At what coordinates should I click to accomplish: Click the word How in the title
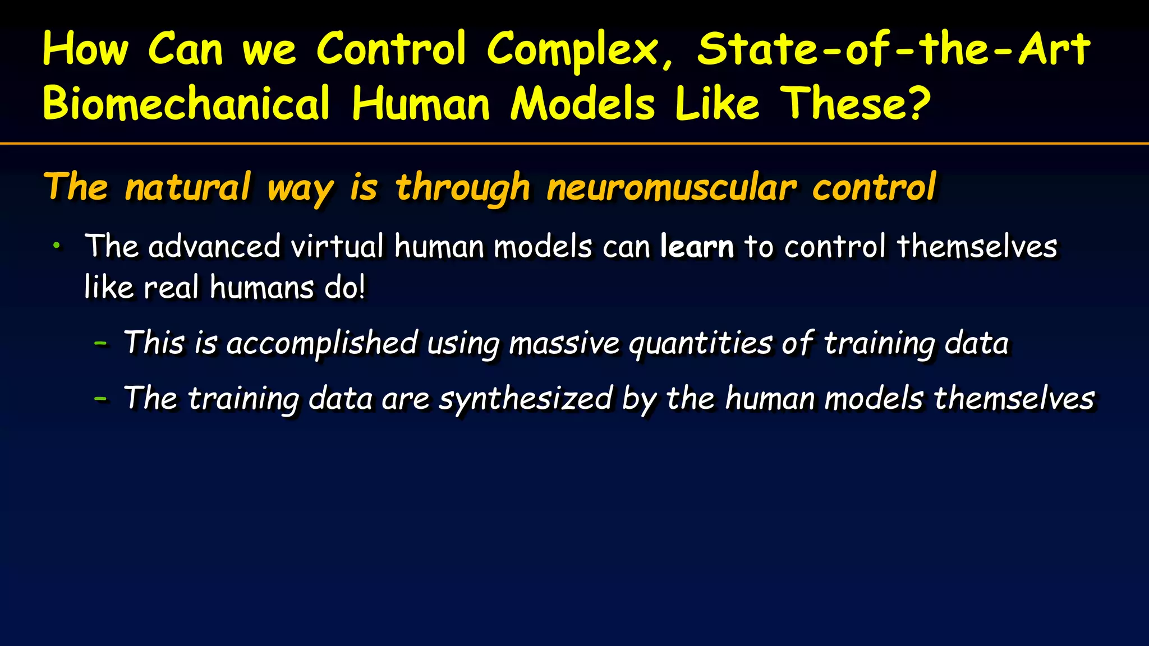[x=85, y=49]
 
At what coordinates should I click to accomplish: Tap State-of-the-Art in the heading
[x=894, y=49]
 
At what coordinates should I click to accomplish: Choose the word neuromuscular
[x=671, y=188]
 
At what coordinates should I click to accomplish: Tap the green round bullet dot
[x=56, y=245]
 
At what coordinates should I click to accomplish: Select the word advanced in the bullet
[x=214, y=246]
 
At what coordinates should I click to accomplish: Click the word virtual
[x=337, y=246]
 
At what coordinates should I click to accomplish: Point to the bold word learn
[x=697, y=246]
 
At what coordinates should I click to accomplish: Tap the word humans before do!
[x=261, y=288]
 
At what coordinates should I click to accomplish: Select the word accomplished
[x=322, y=343]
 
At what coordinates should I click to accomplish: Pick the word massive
[x=564, y=343]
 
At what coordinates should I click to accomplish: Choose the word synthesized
[x=525, y=400]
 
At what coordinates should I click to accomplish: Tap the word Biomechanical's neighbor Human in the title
[x=421, y=104]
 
